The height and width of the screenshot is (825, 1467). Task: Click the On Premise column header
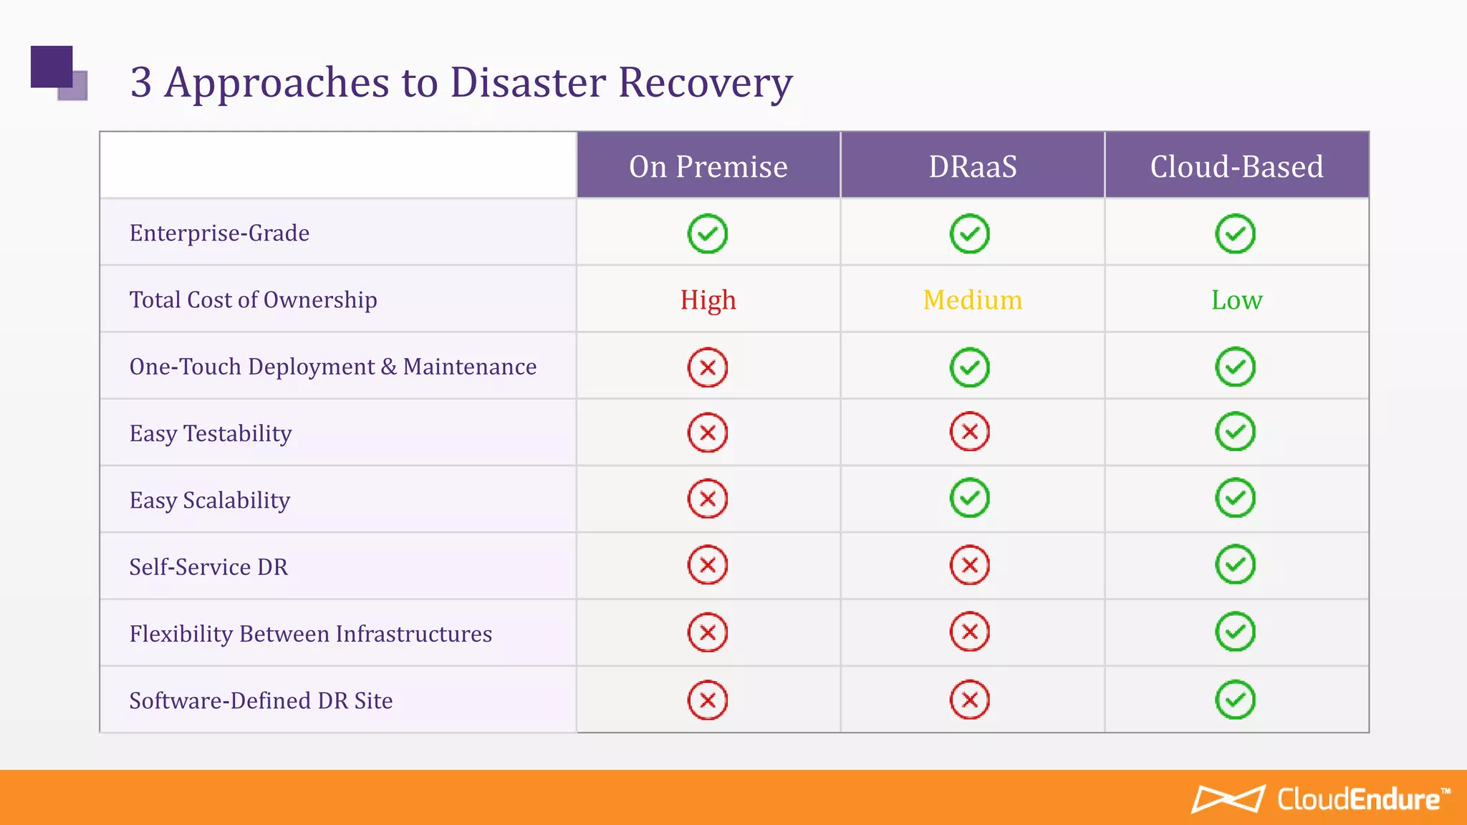point(708,166)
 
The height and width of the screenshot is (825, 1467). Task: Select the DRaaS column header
point(972,166)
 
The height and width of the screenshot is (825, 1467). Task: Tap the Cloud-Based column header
point(1236,166)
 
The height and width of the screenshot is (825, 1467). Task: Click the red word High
point(708,299)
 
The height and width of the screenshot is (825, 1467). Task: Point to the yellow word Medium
point(972,299)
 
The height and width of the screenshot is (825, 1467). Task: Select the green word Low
point(1236,299)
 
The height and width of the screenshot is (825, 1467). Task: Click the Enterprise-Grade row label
point(219,233)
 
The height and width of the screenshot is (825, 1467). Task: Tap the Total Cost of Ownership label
point(253,299)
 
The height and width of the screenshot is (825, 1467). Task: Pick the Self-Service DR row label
point(208,566)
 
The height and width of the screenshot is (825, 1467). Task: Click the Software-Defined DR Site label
point(261,700)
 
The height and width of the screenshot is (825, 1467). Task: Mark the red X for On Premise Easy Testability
point(708,433)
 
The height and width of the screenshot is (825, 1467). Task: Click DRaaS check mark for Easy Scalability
point(970,498)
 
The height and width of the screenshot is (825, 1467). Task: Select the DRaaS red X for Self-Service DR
point(970,565)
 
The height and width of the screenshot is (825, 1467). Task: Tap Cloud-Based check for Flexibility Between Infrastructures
point(1235,632)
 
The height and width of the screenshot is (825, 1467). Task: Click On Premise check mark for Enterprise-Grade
point(708,233)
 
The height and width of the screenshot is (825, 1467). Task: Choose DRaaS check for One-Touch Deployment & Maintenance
point(970,367)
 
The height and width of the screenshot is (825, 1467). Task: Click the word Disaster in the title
point(528,82)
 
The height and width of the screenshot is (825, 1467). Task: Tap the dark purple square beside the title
point(51,66)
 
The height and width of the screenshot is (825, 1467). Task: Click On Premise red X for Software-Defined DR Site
point(708,700)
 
